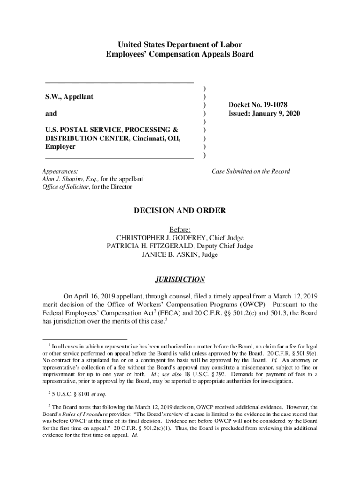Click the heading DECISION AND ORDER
coord(180,211)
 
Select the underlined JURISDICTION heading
coord(180,280)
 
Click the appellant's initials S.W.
coord(52,97)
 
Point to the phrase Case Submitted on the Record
coord(251,171)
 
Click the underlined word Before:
coord(180,229)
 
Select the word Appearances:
coord(60,171)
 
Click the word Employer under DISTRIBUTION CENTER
coord(60,146)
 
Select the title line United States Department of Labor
coord(180,45)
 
